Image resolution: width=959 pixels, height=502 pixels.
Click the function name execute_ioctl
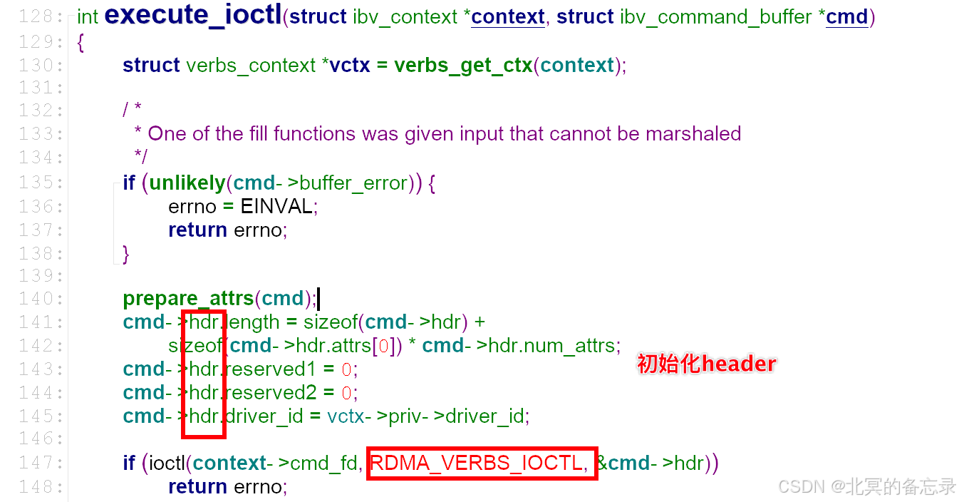(192, 16)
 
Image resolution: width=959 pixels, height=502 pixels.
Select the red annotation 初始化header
(706, 364)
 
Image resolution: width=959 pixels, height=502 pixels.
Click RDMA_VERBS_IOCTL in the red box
(477, 463)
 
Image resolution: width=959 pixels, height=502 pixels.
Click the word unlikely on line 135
(187, 183)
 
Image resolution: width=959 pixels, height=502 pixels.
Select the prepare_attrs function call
(188, 298)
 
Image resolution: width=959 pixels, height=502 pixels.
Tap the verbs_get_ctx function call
(463, 66)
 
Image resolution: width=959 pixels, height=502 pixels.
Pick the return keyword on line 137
(197, 230)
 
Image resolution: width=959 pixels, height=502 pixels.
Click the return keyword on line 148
(197, 487)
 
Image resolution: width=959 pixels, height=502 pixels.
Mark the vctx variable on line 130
(350, 66)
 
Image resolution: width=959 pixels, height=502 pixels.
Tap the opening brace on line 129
(81, 43)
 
